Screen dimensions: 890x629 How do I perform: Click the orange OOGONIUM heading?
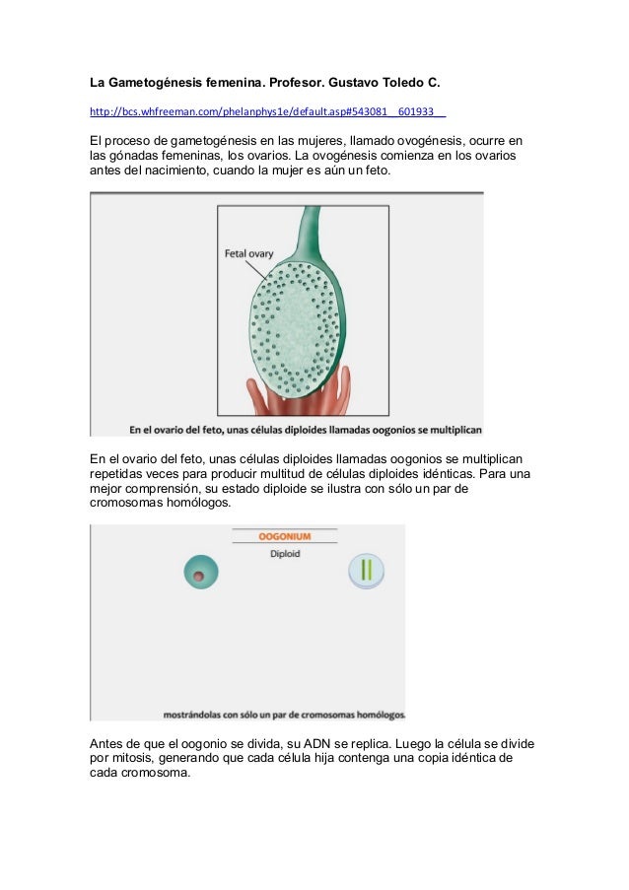coord(284,536)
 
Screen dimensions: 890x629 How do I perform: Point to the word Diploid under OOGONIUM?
coord(284,554)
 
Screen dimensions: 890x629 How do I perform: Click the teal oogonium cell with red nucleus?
coord(201,573)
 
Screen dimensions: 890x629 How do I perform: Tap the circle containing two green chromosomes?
coord(365,571)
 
